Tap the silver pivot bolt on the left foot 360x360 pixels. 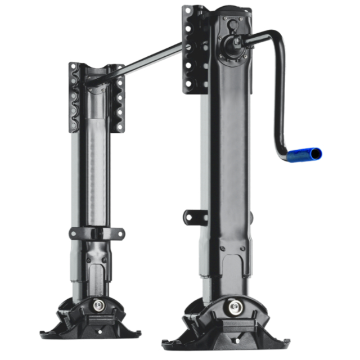click(x=99, y=305)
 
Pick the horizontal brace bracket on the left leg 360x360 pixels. click(x=97, y=233)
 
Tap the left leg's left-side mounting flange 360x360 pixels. click(x=73, y=98)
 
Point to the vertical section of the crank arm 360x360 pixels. click(x=279, y=101)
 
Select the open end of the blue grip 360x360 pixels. click(x=318, y=152)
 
